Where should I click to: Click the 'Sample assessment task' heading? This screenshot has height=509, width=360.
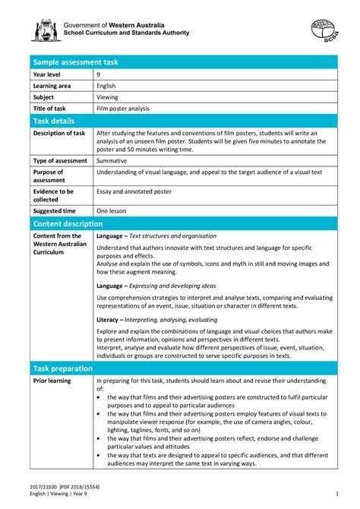point(70,62)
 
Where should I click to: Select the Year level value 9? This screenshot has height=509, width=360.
point(99,74)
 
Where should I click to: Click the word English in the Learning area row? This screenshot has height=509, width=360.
point(106,86)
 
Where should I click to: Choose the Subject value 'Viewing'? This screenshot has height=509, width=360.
point(108,97)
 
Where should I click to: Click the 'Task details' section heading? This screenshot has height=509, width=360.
point(54,121)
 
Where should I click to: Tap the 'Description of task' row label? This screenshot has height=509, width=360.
point(59,133)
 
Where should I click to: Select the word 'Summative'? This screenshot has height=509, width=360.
point(112,161)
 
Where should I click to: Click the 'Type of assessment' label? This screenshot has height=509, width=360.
point(59,161)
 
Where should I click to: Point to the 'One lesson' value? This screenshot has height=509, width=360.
point(112,210)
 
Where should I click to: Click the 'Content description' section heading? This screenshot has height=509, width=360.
point(68,223)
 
